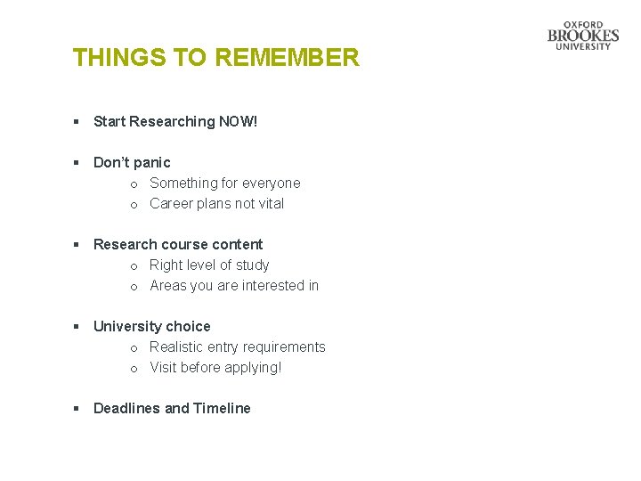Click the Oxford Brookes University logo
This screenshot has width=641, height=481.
(x=583, y=36)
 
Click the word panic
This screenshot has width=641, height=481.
(x=151, y=162)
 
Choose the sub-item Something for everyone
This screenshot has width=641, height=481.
(x=224, y=183)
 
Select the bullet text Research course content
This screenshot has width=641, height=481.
(x=178, y=244)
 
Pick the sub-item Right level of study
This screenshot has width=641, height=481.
(x=209, y=265)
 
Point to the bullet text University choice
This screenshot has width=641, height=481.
(x=152, y=326)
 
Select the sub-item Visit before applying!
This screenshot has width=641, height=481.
(x=215, y=367)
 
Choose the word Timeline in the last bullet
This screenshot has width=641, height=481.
(x=223, y=408)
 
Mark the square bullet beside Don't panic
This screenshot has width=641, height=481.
(x=77, y=163)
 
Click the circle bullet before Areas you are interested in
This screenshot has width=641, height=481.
(x=133, y=286)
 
